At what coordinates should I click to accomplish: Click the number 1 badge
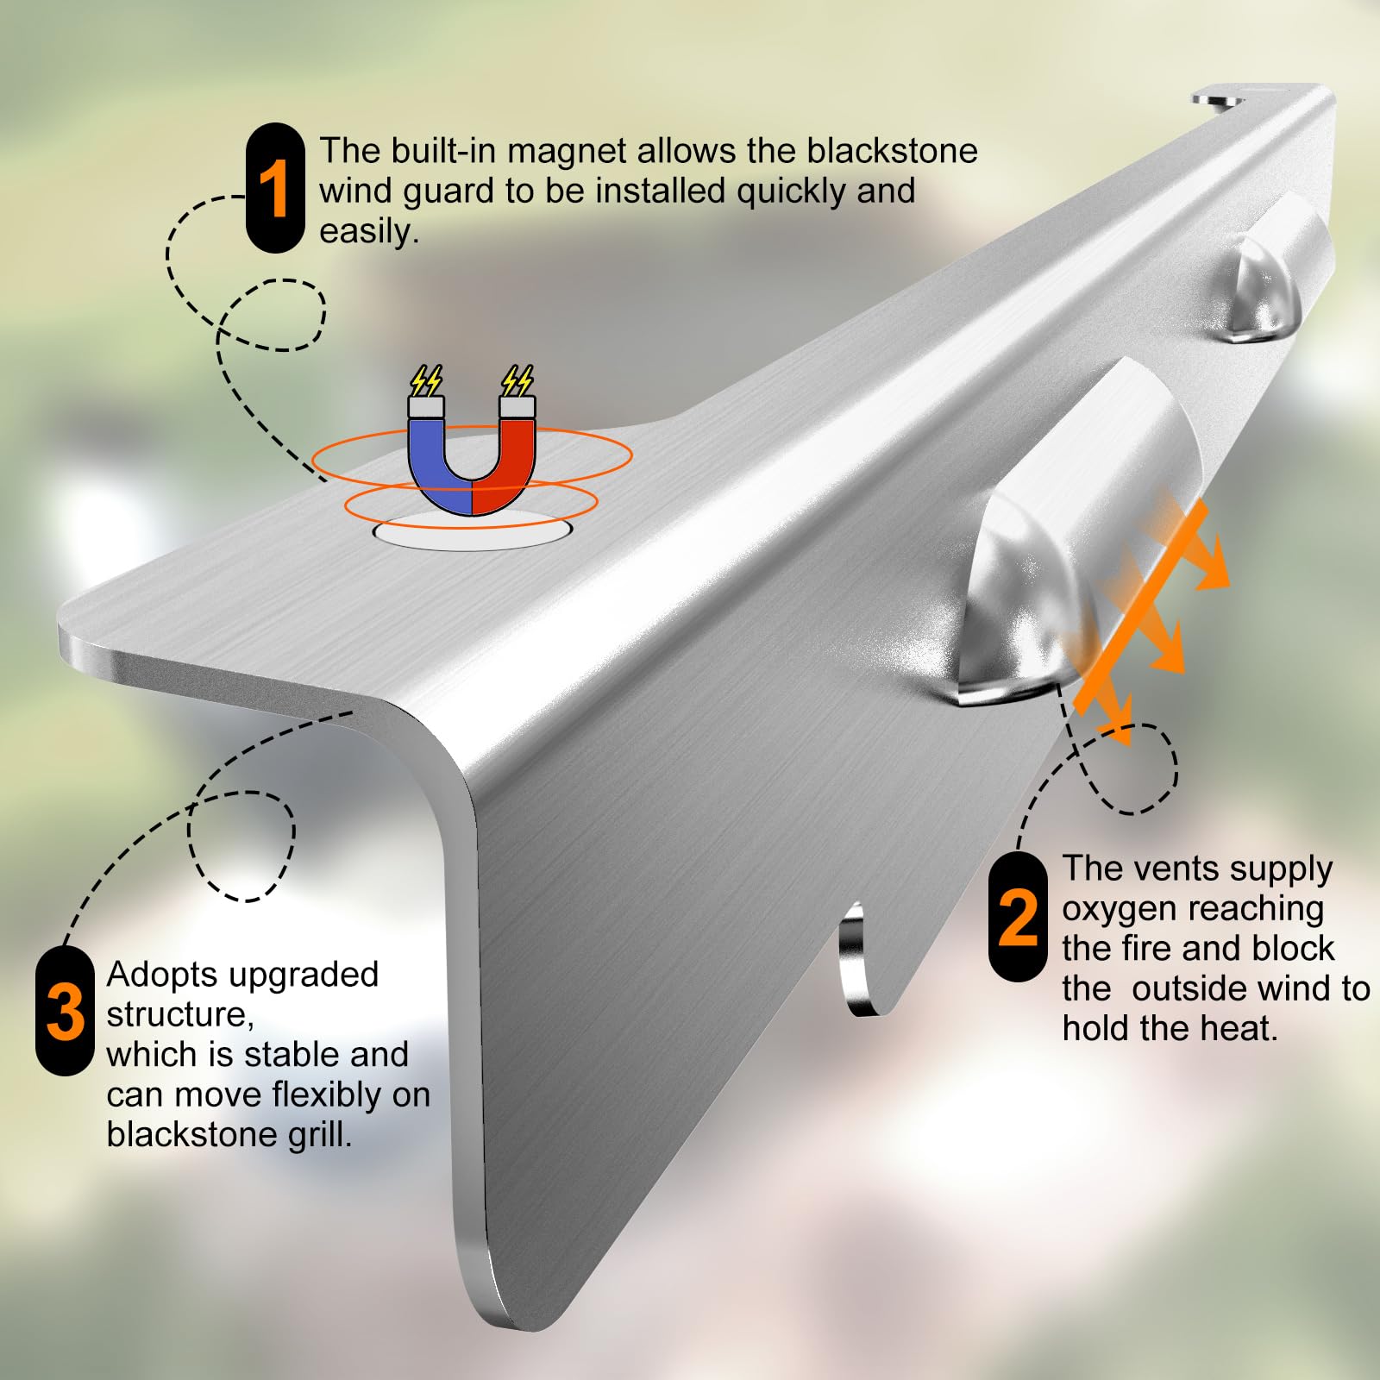tap(275, 188)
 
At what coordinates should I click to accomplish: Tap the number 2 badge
tap(1018, 917)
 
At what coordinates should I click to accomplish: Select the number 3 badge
tap(65, 1011)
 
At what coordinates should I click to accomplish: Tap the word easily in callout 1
tap(369, 231)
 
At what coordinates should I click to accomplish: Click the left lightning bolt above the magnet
tap(426, 380)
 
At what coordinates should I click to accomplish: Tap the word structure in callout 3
tap(180, 1015)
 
